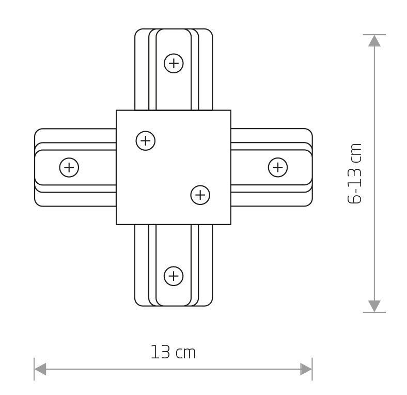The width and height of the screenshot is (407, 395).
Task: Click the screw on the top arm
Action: coord(174,64)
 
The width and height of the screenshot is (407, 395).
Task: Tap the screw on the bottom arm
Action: coord(174,276)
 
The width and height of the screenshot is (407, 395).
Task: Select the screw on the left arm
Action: coord(69,167)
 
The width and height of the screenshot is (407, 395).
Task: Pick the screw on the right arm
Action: coord(278,167)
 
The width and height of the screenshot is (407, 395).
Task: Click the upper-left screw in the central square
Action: coord(146,140)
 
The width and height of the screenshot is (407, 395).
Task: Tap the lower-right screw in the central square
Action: coord(200,195)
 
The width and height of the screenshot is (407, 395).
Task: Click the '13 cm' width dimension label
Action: coord(173,352)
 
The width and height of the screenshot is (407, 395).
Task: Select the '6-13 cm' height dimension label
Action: coord(354,173)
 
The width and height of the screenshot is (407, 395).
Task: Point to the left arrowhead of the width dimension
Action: coord(40,369)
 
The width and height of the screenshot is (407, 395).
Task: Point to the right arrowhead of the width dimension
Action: coord(306,369)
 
